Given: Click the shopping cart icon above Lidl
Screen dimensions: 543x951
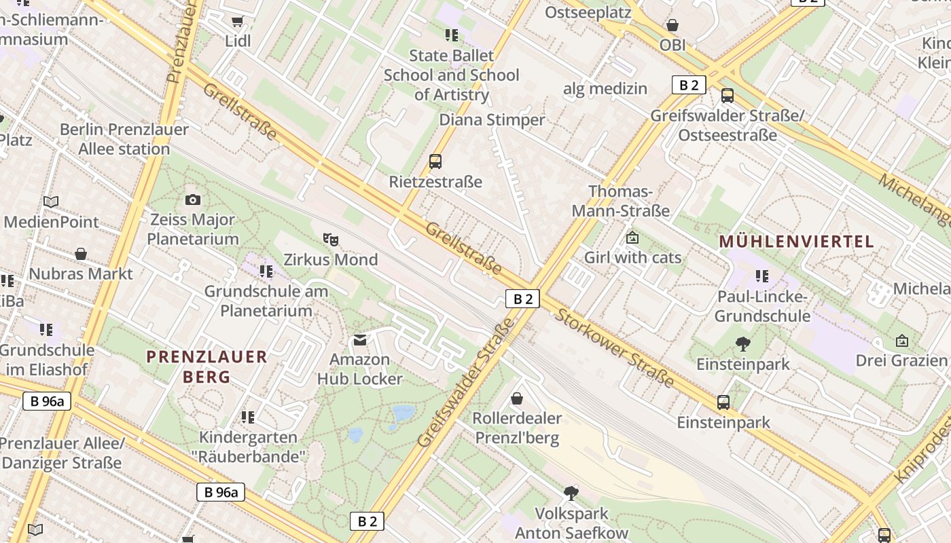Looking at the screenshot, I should [237, 22].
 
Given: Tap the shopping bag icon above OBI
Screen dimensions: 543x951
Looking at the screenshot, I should [672, 26].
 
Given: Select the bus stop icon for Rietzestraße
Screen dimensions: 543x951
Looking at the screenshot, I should [435, 162].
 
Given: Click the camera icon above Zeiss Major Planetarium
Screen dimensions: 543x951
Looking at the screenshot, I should [193, 200].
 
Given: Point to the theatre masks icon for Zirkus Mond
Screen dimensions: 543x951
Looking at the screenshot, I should [331, 239].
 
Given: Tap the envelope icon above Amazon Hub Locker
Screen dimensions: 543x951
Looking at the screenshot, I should [359, 339].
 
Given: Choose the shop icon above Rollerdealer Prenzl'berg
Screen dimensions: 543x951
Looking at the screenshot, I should [517, 398].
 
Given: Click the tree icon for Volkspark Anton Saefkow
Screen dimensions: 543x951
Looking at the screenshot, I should [571, 493].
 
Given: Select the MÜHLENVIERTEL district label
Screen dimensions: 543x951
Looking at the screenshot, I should [796, 242].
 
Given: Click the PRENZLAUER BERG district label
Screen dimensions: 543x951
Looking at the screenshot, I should [207, 367].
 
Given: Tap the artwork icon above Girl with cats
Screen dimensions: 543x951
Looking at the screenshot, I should [632, 238].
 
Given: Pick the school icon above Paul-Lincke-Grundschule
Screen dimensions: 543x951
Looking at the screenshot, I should [762, 276].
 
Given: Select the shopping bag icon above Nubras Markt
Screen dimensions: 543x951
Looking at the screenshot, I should [81, 255].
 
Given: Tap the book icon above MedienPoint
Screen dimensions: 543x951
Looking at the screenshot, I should [51, 202].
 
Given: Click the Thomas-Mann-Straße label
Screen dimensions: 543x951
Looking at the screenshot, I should [620, 202].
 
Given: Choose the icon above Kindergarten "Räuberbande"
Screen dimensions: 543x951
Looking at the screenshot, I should [248, 417].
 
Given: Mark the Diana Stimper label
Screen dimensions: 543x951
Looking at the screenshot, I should [492, 120].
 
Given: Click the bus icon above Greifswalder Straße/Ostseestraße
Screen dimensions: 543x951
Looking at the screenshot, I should [728, 96].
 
